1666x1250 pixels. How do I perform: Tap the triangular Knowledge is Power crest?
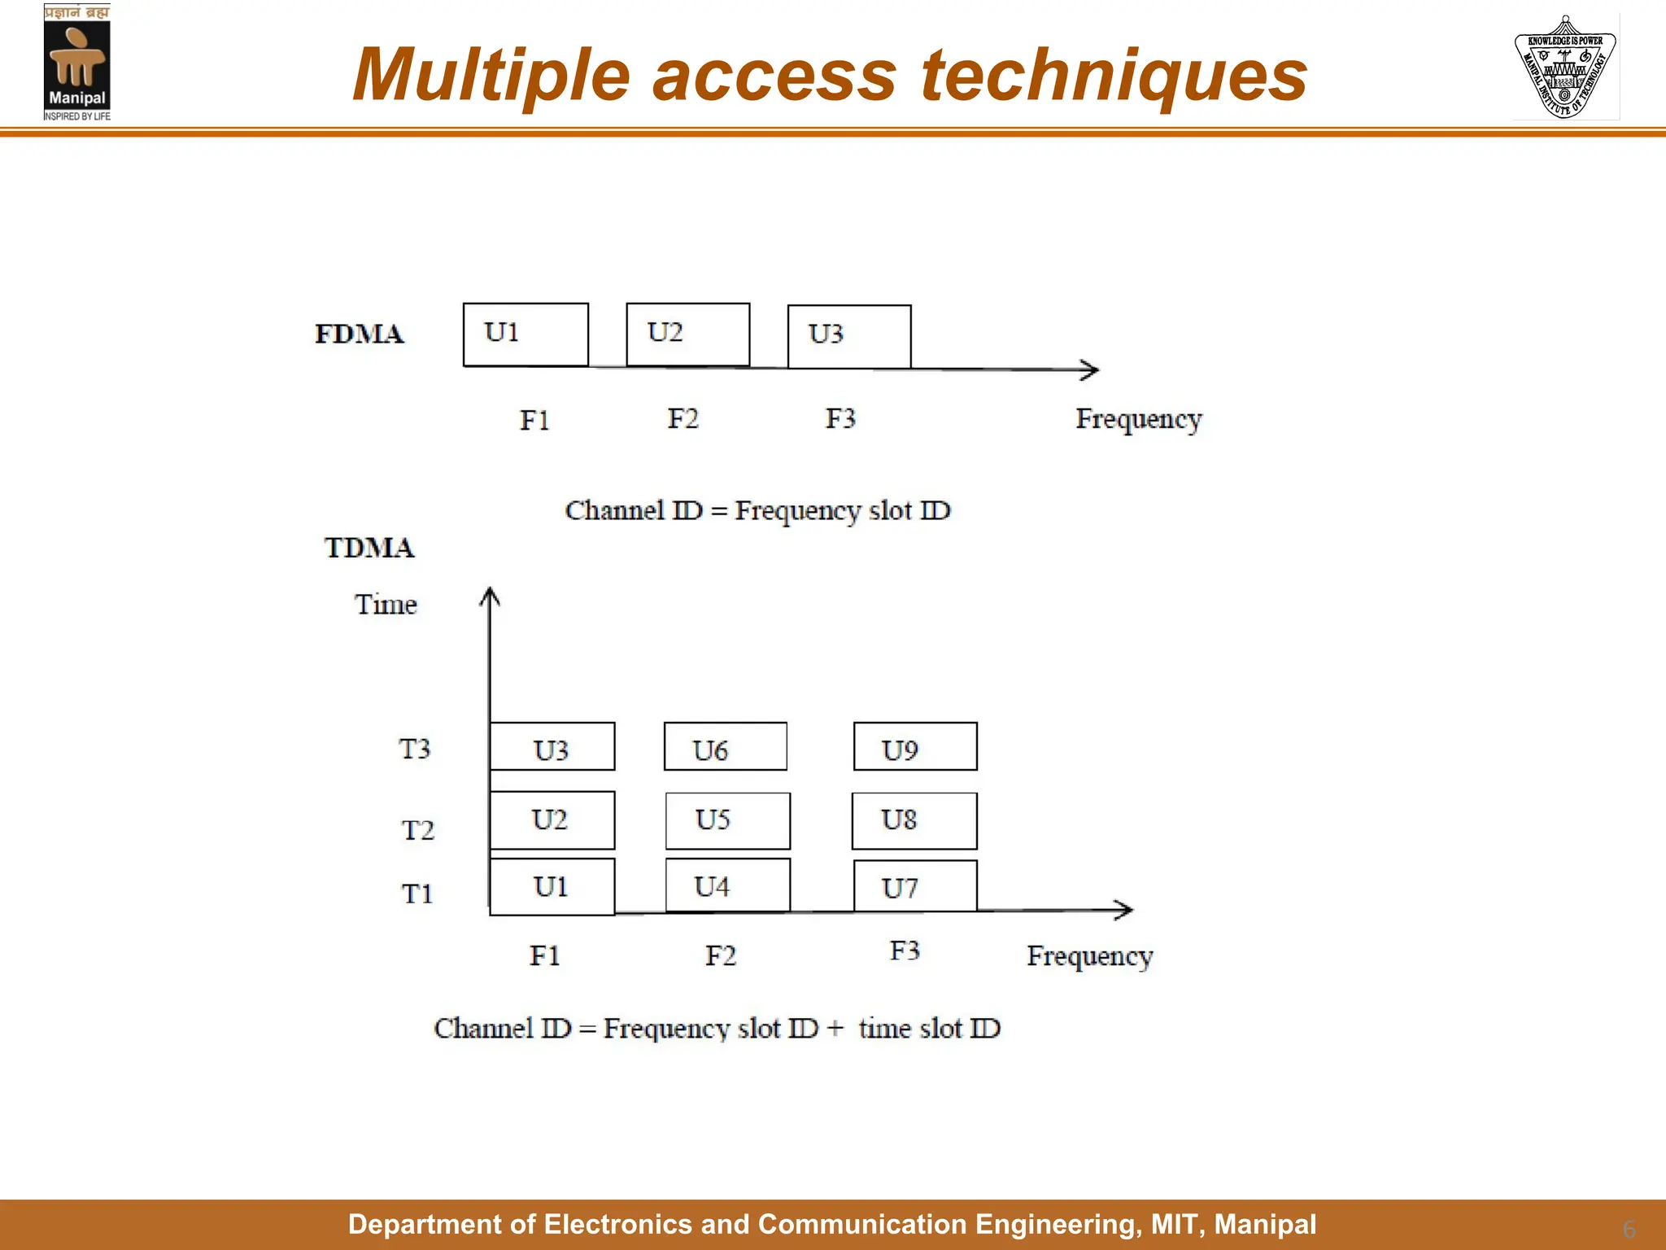click(1565, 68)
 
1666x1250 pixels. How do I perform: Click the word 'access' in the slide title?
click(774, 75)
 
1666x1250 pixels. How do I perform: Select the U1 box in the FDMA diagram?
click(526, 334)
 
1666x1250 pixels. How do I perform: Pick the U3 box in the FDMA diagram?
click(849, 336)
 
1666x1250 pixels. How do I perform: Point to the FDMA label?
click(359, 334)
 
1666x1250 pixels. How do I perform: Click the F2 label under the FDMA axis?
click(683, 418)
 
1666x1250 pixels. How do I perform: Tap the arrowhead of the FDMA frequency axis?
click(1091, 369)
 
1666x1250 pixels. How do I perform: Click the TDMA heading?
click(369, 548)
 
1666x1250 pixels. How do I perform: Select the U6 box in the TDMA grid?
click(726, 746)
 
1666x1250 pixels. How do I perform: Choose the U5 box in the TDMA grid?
click(727, 820)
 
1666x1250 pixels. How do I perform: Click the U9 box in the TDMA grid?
click(915, 746)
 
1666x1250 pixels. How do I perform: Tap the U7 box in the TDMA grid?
click(915, 885)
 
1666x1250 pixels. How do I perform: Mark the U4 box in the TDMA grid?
click(727, 885)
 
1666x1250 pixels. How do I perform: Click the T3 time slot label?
click(414, 749)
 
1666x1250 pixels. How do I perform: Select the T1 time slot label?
click(416, 894)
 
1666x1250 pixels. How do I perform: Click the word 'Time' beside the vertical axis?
click(386, 605)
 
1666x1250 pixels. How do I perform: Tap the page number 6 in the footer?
click(1629, 1228)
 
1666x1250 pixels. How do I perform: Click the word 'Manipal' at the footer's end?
click(1265, 1224)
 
